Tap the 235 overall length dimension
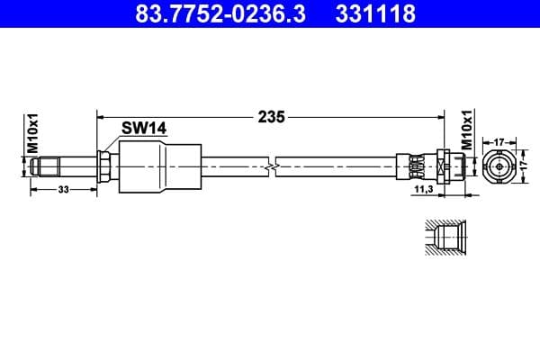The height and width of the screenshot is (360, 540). [x=272, y=116]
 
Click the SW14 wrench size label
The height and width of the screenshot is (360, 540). [x=144, y=129]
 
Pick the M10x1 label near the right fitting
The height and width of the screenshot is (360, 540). [x=467, y=131]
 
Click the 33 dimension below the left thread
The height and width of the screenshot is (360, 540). [x=62, y=190]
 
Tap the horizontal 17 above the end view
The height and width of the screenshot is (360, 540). [x=499, y=141]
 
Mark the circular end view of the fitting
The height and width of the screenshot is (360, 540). [x=499, y=166]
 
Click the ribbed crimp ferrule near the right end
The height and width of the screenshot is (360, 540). [x=416, y=166]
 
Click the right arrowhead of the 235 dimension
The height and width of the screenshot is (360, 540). [x=440, y=116]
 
